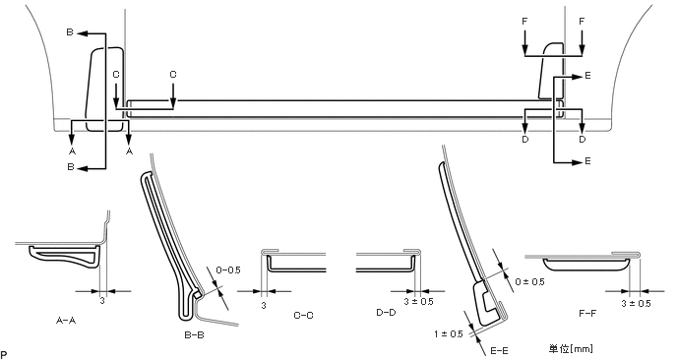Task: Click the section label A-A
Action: tap(66, 321)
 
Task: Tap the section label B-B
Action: tap(194, 335)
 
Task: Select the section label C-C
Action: tap(303, 315)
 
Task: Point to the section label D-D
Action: tap(386, 312)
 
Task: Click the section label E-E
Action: tap(499, 350)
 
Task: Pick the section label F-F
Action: tap(587, 313)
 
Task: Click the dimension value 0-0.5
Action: tap(228, 270)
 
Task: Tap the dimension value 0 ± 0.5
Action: tap(529, 282)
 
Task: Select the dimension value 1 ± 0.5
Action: tap(449, 333)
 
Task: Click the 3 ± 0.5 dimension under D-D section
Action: tap(418, 302)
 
